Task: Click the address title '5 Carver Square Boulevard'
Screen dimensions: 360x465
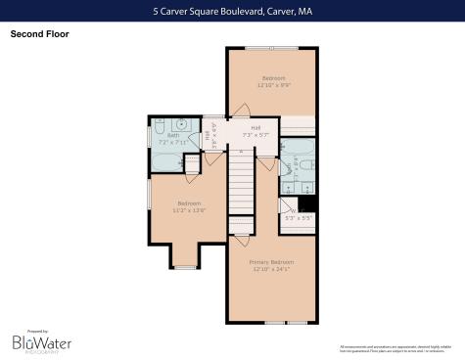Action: click(x=232, y=12)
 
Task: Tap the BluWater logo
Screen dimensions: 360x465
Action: click(x=34, y=342)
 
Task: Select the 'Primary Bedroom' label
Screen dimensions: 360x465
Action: click(x=271, y=262)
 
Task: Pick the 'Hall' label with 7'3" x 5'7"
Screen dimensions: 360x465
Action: click(x=255, y=128)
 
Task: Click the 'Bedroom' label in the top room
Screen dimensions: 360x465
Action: click(x=273, y=78)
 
